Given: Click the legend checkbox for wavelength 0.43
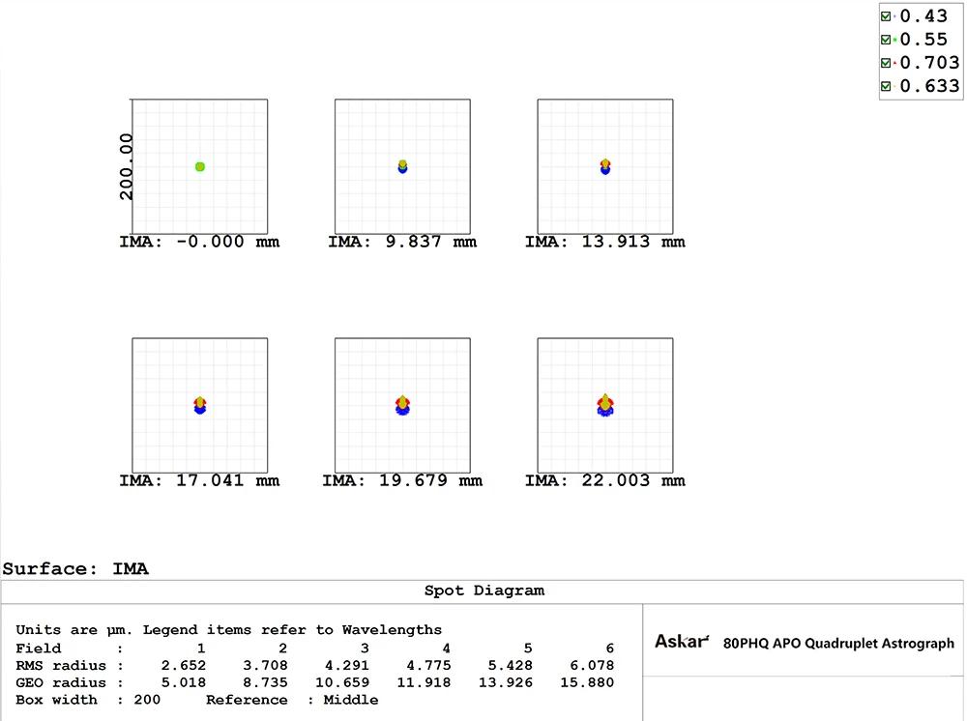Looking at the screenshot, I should [x=886, y=16].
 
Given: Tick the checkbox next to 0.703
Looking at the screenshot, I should [x=886, y=63].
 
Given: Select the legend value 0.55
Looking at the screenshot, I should [x=923, y=40].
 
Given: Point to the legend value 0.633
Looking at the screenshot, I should [x=929, y=86].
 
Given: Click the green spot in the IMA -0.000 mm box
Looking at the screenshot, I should [x=200, y=167].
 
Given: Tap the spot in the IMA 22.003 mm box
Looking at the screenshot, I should [x=605, y=405].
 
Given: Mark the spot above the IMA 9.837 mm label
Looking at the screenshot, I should [x=402, y=166].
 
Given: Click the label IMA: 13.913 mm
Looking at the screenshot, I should [x=604, y=242].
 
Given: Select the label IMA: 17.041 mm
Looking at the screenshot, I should [x=199, y=479].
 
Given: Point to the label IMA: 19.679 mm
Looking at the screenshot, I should [x=402, y=479].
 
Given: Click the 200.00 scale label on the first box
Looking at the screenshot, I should [x=126, y=167].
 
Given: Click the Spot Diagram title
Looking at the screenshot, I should [x=483, y=591].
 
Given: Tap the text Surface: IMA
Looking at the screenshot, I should [x=75, y=569].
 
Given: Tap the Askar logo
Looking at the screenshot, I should [x=682, y=642].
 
